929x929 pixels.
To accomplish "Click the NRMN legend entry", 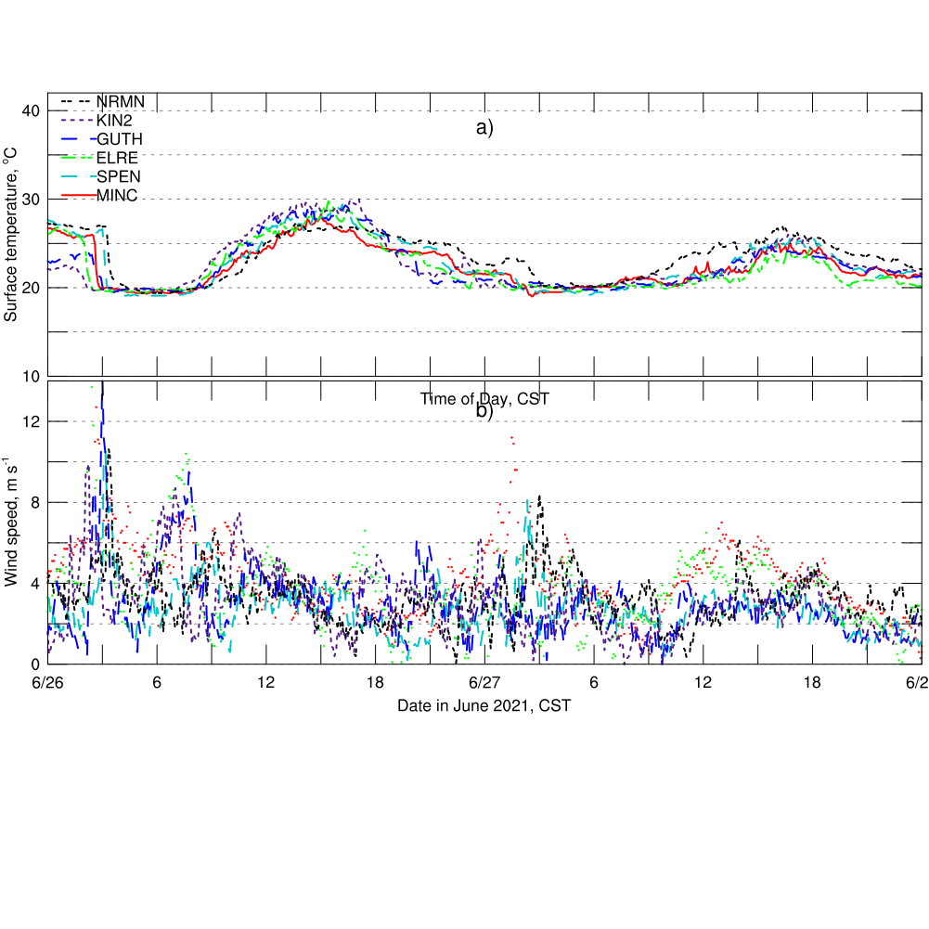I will click(x=121, y=101).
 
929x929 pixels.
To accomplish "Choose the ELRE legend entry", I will click(x=117, y=157).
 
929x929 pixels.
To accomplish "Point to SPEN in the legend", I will click(x=119, y=175).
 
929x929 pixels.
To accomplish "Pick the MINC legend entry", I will click(x=117, y=193).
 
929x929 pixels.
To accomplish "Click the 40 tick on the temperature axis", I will click(x=32, y=111).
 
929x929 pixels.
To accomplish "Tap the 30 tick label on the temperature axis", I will click(x=32, y=200).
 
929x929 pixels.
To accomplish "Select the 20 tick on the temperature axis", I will click(x=32, y=288).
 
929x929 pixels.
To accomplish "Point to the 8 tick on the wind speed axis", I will click(x=37, y=502).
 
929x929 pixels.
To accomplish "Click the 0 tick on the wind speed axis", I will click(x=37, y=664).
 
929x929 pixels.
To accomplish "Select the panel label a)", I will click(x=484, y=128).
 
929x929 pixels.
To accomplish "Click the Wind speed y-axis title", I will click(x=11, y=522).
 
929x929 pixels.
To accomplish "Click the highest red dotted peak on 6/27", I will click(x=511, y=437).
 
